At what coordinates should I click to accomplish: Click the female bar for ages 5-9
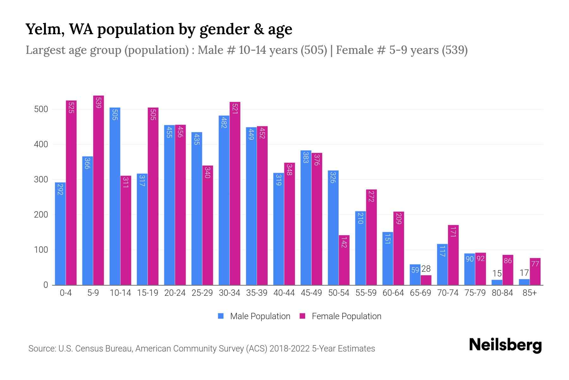pyautogui.click(x=99, y=190)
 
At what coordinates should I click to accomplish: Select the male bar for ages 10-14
pyautogui.click(x=115, y=196)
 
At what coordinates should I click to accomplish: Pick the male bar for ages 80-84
pyautogui.click(x=497, y=282)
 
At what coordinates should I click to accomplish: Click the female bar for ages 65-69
pyautogui.click(x=426, y=280)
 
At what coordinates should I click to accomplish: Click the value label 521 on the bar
pyautogui.click(x=235, y=109)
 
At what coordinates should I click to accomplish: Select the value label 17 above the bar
pyautogui.click(x=524, y=273)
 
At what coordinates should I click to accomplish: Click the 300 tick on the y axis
pyautogui.click(x=41, y=180)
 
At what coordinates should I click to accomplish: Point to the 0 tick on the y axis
pyautogui.click(x=46, y=285)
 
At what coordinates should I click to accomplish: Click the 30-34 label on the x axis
pyautogui.click(x=229, y=293)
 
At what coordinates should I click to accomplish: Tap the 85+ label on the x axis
pyautogui.click(x=529, y=293)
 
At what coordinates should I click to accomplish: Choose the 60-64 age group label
pyautogui.click(x=393, y=293)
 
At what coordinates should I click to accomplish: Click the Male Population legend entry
pyautogui.click(x=260, y=316)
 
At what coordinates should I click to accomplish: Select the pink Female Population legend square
pyautogui.click(x=303, y=316)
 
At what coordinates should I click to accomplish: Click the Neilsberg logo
pyautogui.click(x=505, y=345)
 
